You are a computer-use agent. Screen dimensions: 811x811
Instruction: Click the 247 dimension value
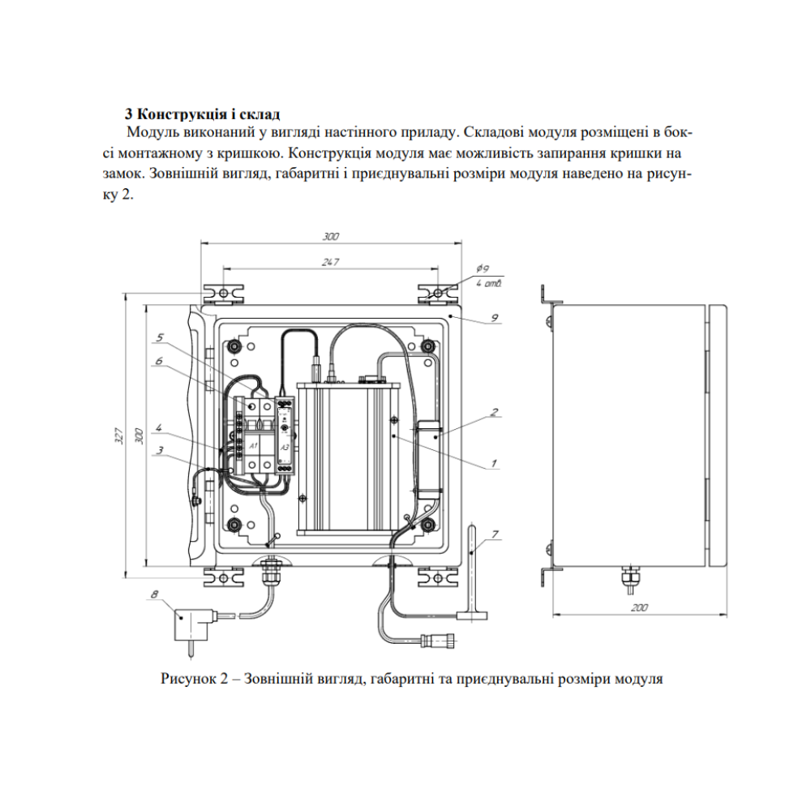click(330, 262)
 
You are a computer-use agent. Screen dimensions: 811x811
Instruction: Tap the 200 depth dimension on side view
click(639, 607)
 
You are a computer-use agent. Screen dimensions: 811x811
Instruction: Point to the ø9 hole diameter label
click(483, 268)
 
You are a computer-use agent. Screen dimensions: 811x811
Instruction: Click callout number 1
click(493, 463)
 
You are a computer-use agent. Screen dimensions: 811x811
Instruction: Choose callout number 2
click(495, 412)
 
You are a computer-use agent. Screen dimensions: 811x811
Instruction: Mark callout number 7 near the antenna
click(495, 534)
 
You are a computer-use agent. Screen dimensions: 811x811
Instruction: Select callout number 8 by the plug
click(155, 594)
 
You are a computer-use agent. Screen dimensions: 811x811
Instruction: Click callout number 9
click(495, 318)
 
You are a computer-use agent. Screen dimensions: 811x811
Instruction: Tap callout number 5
click(160, 337)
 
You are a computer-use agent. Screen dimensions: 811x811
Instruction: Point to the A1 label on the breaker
click(253, 446)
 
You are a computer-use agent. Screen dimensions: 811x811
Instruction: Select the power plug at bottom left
click(192, 630)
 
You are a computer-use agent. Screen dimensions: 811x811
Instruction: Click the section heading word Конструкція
click(178, 114)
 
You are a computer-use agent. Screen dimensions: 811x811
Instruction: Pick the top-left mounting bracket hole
click(223, 294)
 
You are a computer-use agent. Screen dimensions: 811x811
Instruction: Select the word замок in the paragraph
click(122, 174)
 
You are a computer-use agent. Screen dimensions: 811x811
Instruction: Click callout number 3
click(161, 450)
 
